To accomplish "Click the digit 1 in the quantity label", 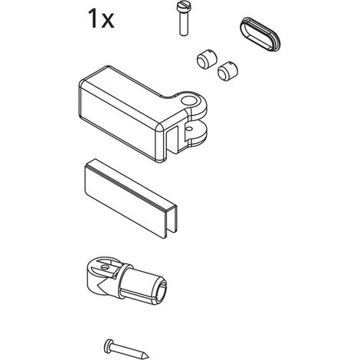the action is (92, 18).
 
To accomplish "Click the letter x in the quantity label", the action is (107, 21).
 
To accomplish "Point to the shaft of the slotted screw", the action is (183, 25).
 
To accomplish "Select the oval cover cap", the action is (260, 34).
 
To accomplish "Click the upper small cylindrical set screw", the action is (207, 58).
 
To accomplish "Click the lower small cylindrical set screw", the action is (227, 71).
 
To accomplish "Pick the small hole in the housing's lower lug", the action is (189, 127).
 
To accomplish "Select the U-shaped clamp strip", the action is (130, 198).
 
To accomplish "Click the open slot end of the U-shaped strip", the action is (169, 221).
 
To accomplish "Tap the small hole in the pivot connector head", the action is (104, 267).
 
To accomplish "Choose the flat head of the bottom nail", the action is (108, 345).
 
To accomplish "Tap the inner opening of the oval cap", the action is (260, 35).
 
